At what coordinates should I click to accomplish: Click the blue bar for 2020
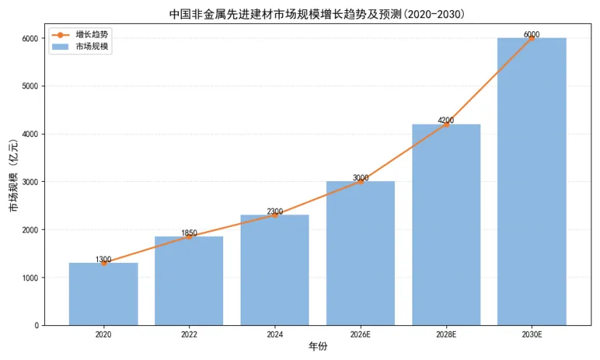click(104, 294)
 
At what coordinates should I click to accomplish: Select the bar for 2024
click(275, 270)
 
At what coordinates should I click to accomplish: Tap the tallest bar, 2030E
click(532, 182)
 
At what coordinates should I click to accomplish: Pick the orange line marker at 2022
click(189, 237)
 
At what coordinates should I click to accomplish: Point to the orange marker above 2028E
click(446, 125)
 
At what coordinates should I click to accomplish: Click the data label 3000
click(360, 177)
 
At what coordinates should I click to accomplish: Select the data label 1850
click(189, 233)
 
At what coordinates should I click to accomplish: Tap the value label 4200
click(446, 120)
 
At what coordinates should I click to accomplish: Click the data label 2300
click(275, 212)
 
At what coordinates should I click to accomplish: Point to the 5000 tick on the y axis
click(30, 86)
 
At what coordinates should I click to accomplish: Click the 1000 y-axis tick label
click(30, 278)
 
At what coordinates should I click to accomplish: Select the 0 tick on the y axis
click(37, 325)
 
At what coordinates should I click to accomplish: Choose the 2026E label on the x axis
click(360, 335)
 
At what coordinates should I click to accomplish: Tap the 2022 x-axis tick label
click(189, 335)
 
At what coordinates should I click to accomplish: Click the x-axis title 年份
click(318, 347)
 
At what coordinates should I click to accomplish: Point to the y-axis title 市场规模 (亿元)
click(13, 175)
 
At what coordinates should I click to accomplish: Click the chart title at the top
click(317, 14)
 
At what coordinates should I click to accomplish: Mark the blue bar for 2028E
click(446, 225)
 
